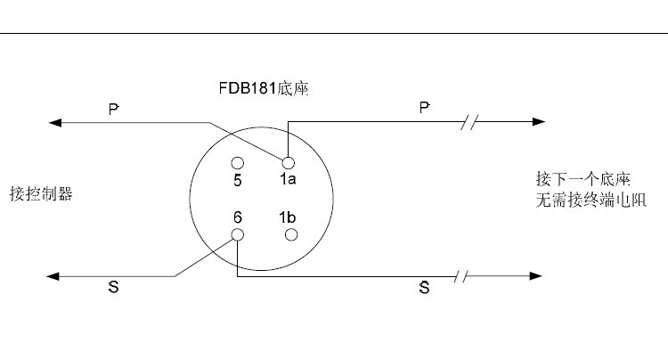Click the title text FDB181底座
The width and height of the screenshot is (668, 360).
click(x=264, y=88)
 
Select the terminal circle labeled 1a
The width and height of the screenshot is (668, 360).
click(x=288, y=163)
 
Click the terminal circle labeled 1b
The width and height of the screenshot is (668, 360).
click(x=291, y=234)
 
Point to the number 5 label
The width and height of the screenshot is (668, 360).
click(x=238, y=181)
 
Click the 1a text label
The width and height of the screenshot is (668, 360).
click(x=288, y=179)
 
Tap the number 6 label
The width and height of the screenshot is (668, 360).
click(x=238, y=217)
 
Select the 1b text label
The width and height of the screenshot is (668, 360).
click(x=287, y=217)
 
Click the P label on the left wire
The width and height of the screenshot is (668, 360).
click(x=113, y=109)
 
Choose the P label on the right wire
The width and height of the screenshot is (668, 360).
click(x=424, y=107)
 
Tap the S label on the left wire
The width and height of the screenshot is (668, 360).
click(x=113, y=287)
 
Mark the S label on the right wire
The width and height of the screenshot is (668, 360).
click(x=424, y=288)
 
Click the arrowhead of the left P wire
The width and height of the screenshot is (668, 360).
click(x=55, y=123)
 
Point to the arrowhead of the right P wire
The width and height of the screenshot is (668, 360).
click(x=539, y=121)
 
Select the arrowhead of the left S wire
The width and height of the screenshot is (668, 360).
click(x=53, y=276)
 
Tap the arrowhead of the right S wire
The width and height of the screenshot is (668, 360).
click(x=536, y=276)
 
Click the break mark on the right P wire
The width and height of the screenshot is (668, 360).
click(x=469, y=122)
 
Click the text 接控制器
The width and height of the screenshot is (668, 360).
click(x=41, y=194)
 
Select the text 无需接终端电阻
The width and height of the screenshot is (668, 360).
click(x=591, y=200)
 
